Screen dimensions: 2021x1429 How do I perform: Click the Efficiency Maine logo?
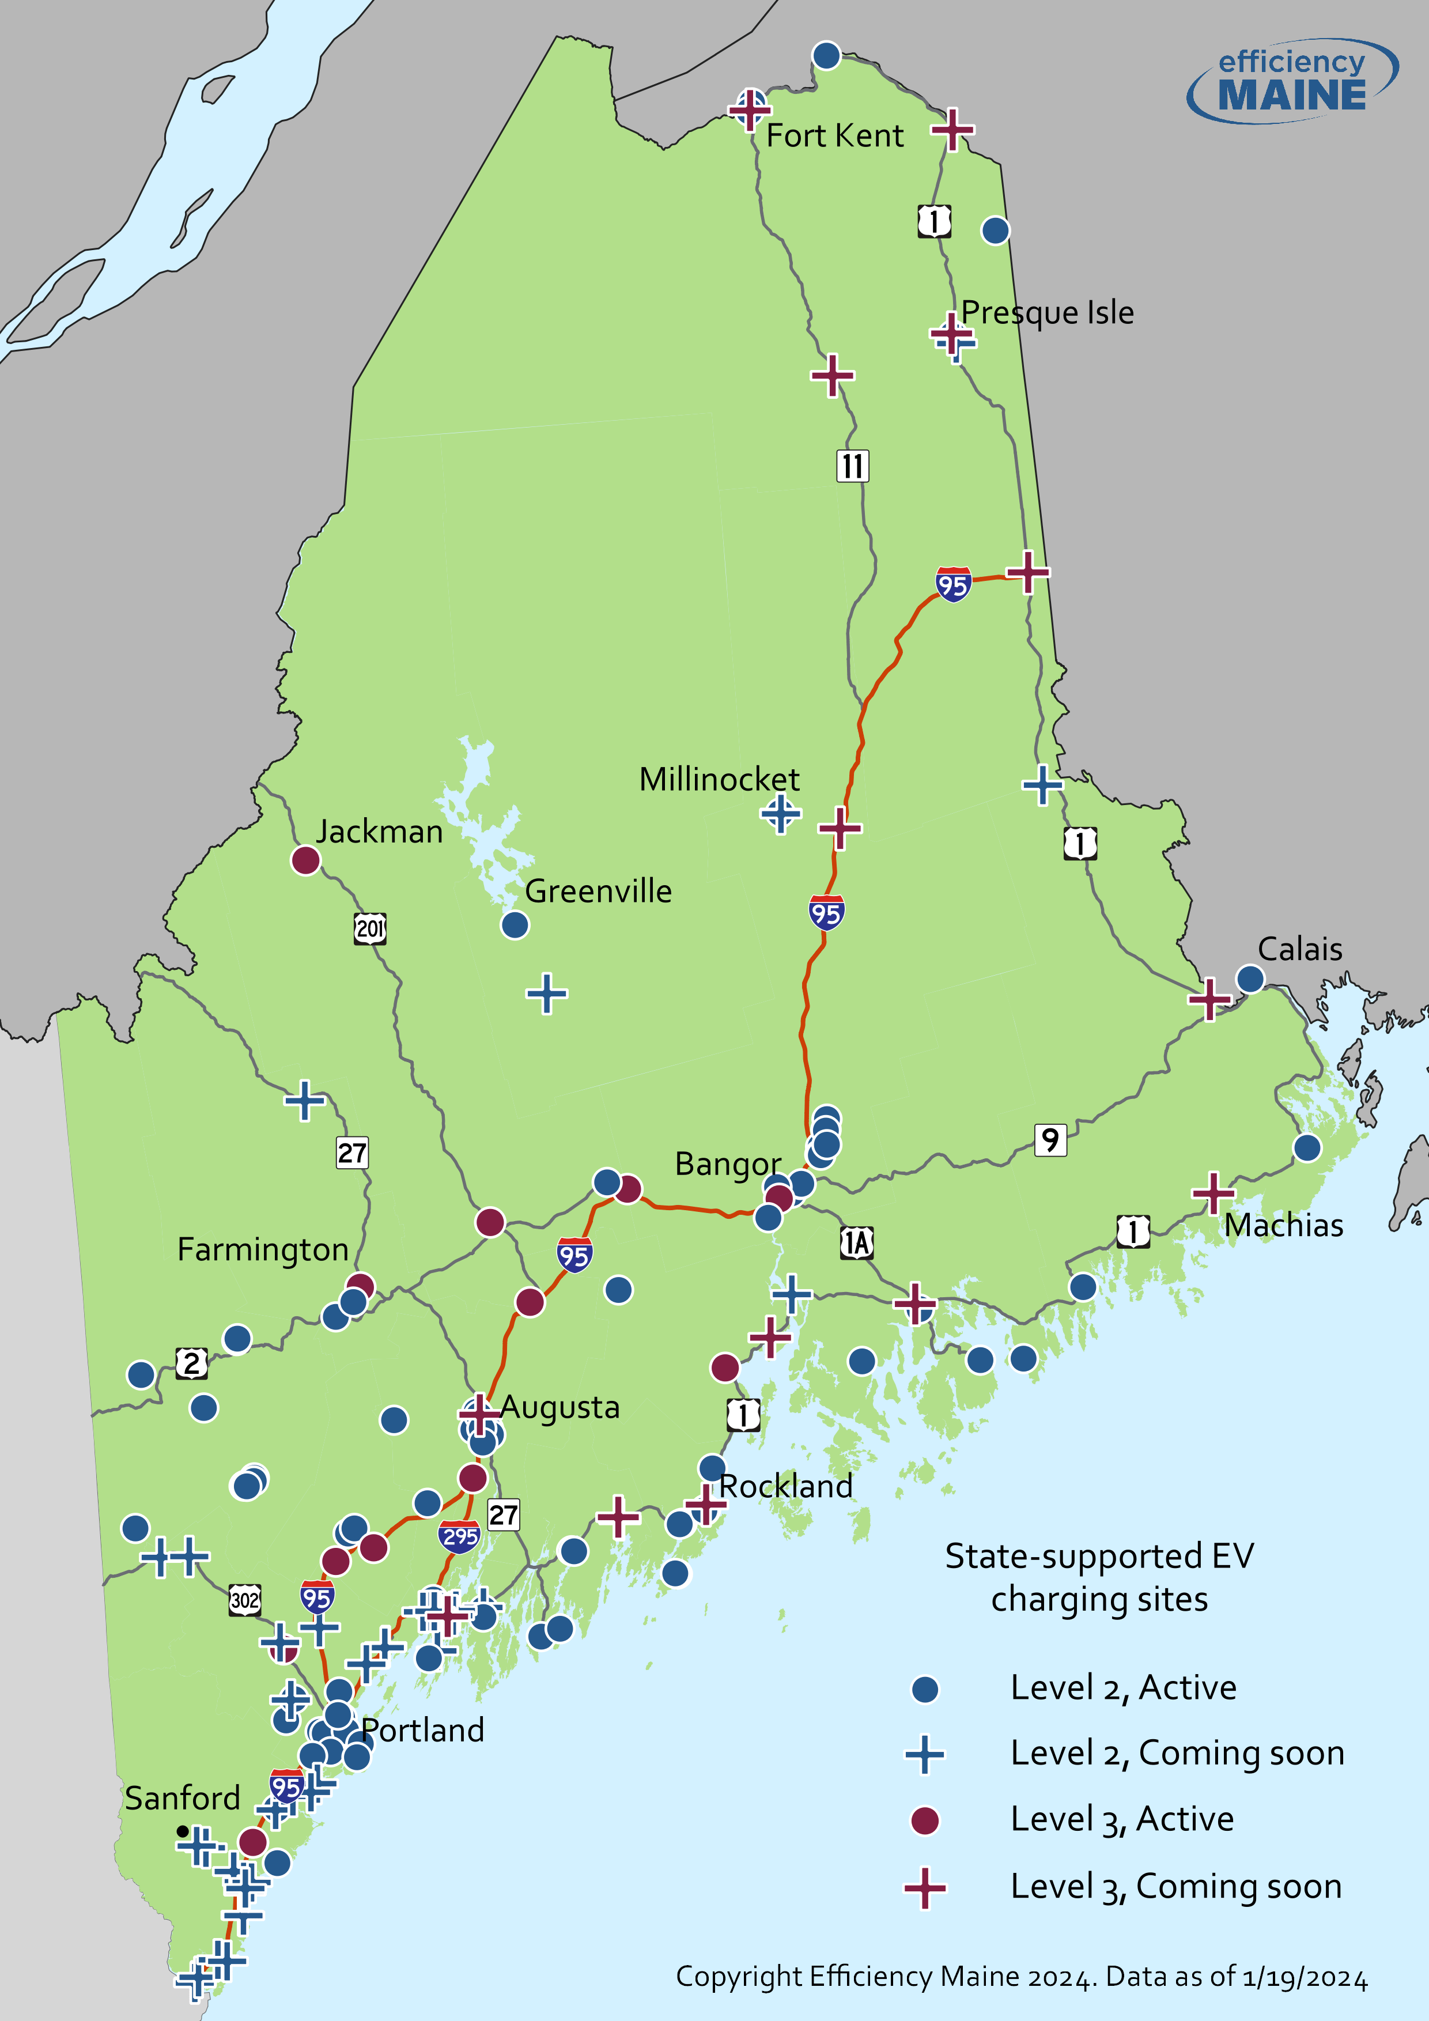tap(1292, 81)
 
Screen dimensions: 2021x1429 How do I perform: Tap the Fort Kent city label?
tap(834, 137)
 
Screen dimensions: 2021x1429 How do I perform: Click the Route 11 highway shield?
tap(852, 466)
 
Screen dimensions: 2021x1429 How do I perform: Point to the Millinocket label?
tap(719, 780)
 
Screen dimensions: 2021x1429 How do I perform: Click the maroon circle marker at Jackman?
tap(305, 860)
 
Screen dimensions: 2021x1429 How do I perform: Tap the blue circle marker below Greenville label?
tap(515, 925)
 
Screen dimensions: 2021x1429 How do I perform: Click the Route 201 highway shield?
tap(369, 928)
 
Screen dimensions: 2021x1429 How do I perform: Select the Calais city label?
tap(1300, 950)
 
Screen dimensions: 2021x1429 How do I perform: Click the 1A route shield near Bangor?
tap(856, 1244)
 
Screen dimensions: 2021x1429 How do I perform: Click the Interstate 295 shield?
tap(459, 1537)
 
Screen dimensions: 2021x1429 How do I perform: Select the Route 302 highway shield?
tap(245, 1599)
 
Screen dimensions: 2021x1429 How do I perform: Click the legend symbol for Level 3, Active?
tap(924, 1820)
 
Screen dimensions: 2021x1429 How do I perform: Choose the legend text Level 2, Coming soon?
tap(1177, 1754)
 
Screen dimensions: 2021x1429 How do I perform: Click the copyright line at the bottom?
tap(1020, 1976)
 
